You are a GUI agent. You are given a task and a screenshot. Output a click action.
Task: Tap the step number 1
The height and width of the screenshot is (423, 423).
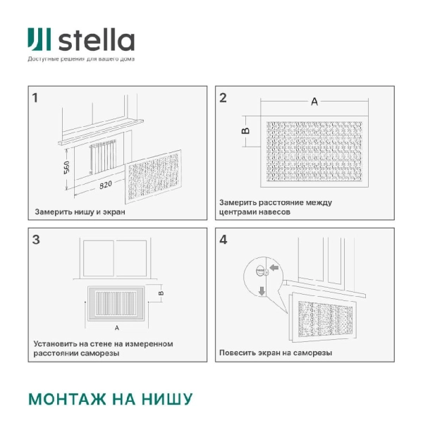point(35,97)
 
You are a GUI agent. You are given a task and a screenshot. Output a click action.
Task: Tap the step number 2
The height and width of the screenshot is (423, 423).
point(223,98)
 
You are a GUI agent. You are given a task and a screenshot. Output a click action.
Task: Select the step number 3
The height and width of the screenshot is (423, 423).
point(35,240)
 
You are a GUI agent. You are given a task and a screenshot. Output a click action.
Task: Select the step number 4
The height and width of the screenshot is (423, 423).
point(223,240)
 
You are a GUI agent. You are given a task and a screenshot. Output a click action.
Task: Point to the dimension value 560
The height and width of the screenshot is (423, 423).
point(67,167)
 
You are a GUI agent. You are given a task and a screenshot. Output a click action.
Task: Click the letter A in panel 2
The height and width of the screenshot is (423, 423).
point(314,102)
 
